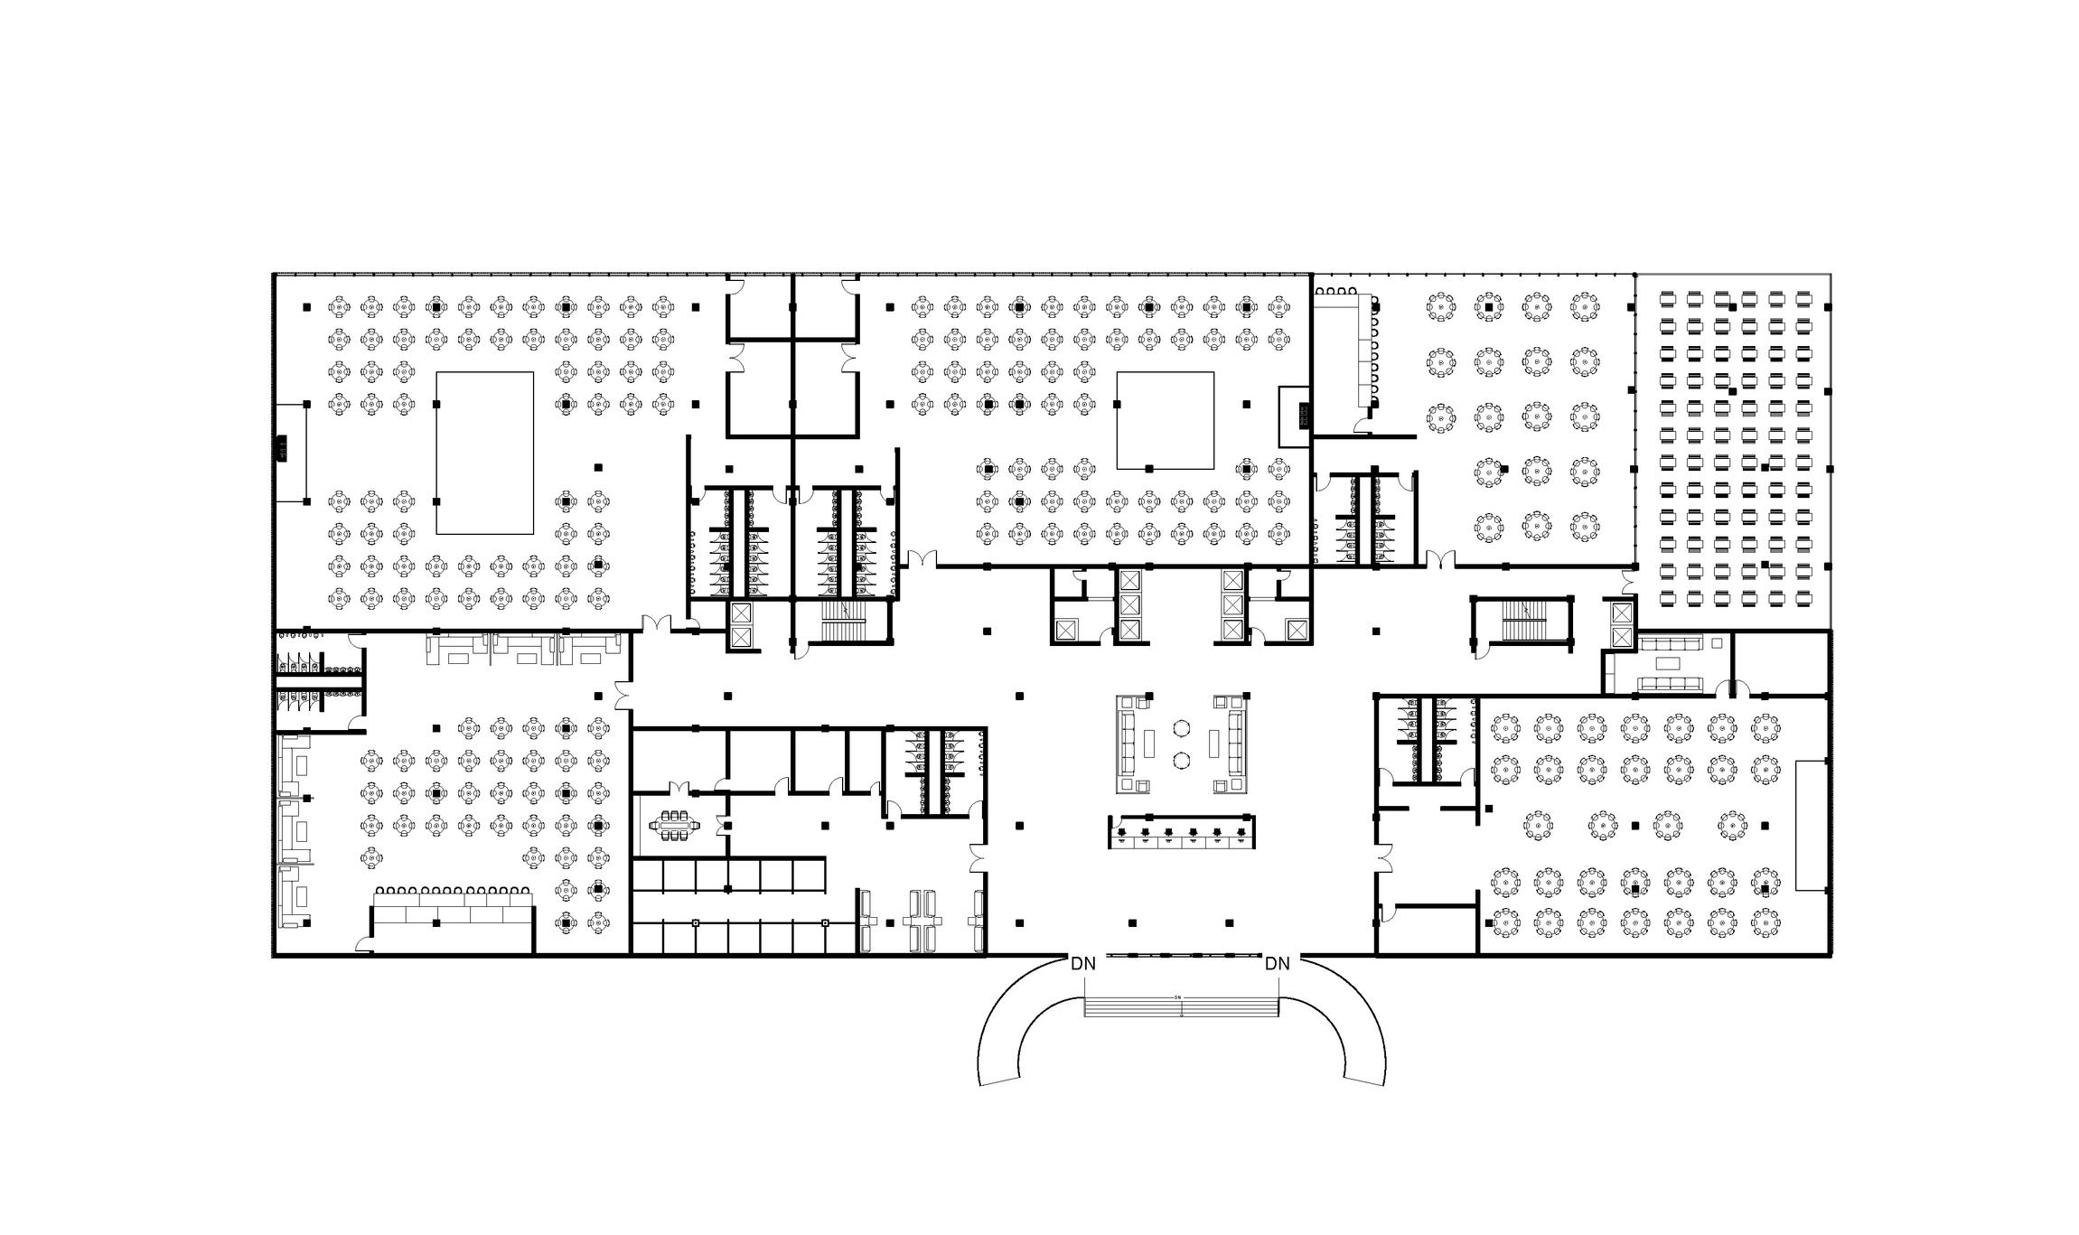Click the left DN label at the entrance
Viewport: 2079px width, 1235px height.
point(1082,964)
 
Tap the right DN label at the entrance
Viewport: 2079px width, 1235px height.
point(1277,964)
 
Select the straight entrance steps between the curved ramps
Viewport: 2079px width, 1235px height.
point(1181,1006)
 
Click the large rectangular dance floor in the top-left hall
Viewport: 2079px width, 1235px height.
point(484,453)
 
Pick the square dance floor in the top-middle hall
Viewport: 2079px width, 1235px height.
point(1165,420)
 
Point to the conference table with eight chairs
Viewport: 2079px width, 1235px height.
point(674,825)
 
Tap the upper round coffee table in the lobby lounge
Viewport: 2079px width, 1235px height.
point(1182,727)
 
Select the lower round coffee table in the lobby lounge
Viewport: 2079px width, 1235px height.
point(1182,761)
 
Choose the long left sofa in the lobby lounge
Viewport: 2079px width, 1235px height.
point(1127,744)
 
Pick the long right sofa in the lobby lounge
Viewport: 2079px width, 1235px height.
point(1237,744)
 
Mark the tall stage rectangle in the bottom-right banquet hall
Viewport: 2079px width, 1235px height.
point(1811,825)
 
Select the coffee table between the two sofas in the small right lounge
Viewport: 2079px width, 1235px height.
point(1667,663)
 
